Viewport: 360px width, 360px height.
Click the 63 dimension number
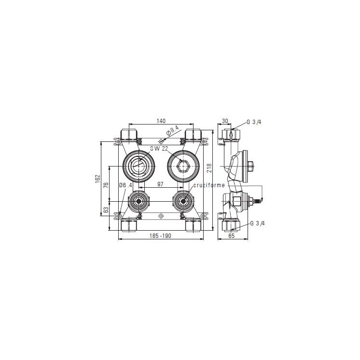[107, 210]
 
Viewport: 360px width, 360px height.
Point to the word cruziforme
[209, 185]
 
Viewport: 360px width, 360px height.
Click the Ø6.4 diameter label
[126, 185]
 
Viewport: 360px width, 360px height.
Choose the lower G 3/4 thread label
[258, 224]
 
